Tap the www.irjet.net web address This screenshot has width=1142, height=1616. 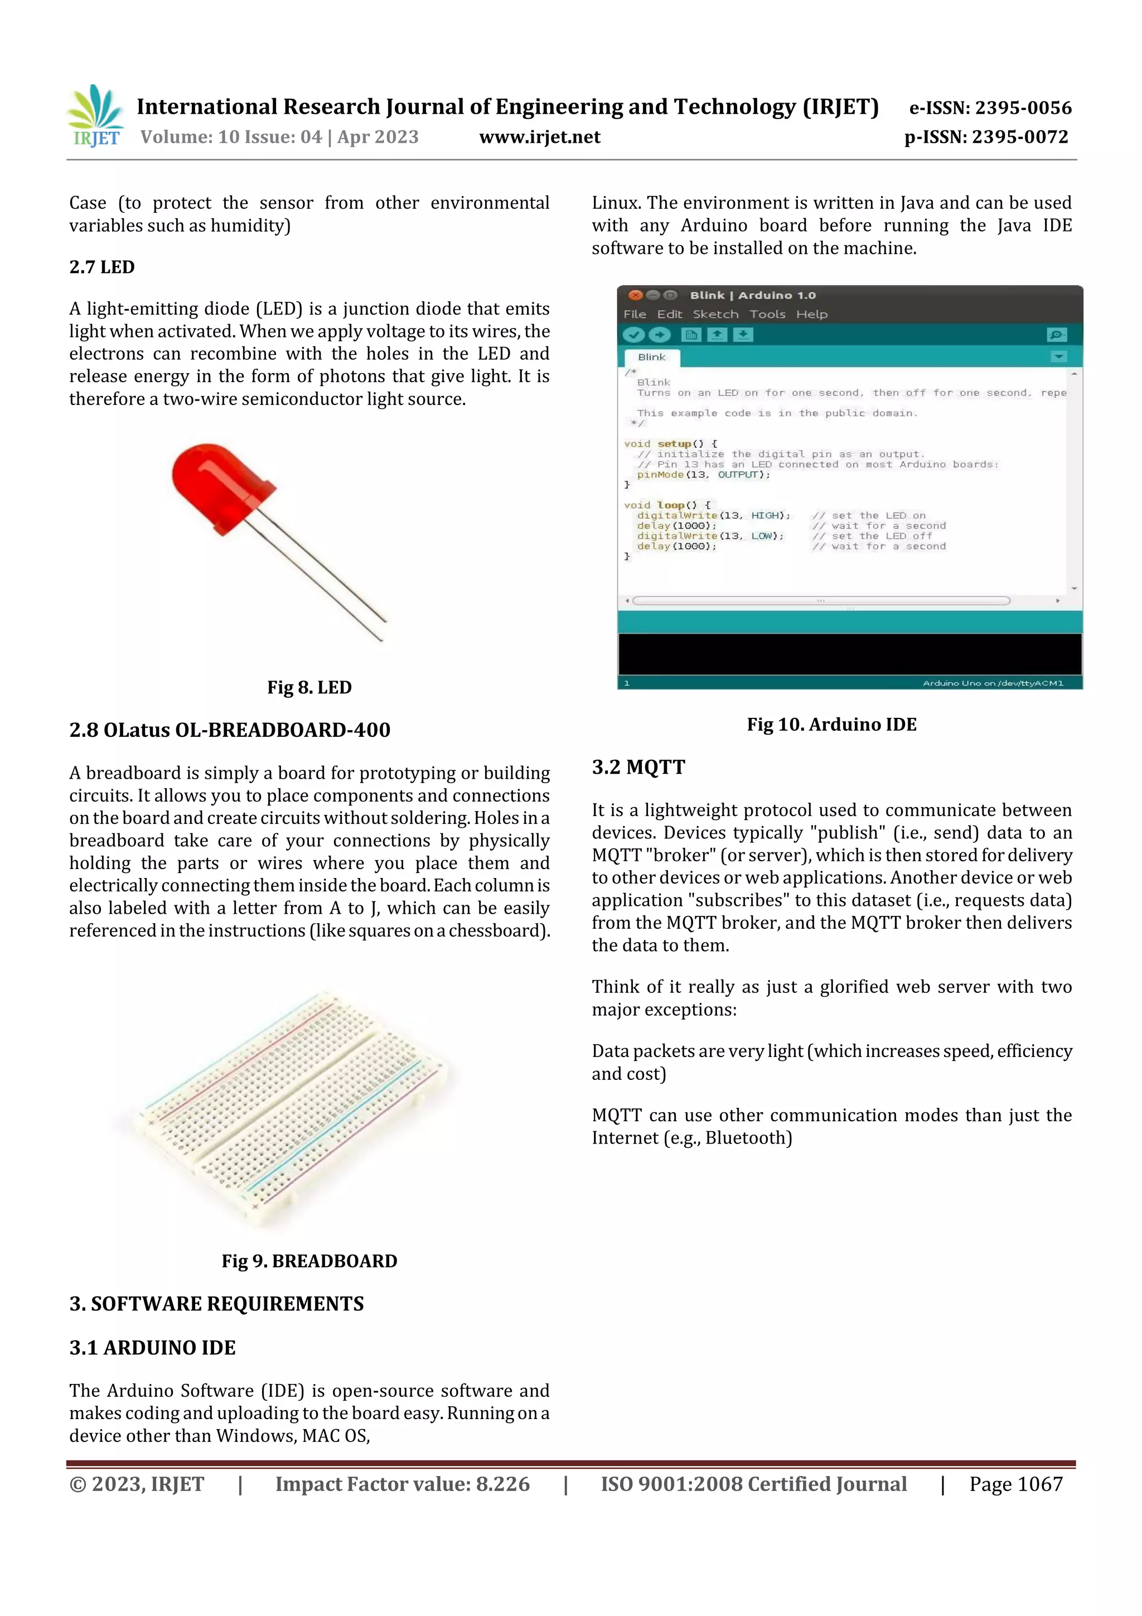click(540, 137)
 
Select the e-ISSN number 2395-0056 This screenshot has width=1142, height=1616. click(990, 108)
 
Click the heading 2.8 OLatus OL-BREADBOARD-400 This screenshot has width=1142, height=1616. click(229, 730)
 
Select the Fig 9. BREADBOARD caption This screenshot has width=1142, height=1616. click(309, 1261)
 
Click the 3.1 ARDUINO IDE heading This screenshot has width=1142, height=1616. click(152, 1347)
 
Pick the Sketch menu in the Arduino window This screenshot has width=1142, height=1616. click(715, 314)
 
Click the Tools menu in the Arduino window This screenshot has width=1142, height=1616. click(767, 314)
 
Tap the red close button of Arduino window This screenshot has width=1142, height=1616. click(635, 295)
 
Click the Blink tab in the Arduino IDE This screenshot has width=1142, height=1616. click(651, 357)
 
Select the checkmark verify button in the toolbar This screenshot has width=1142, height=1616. click(633, 335)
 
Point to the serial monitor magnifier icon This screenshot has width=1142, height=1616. click(1056, 335)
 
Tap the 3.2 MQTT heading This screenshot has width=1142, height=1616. click(638, 766)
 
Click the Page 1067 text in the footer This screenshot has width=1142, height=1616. click(1015, 1484)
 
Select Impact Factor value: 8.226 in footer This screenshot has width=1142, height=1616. click(402, 1484)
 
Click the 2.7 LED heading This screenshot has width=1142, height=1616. click(102, 267)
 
